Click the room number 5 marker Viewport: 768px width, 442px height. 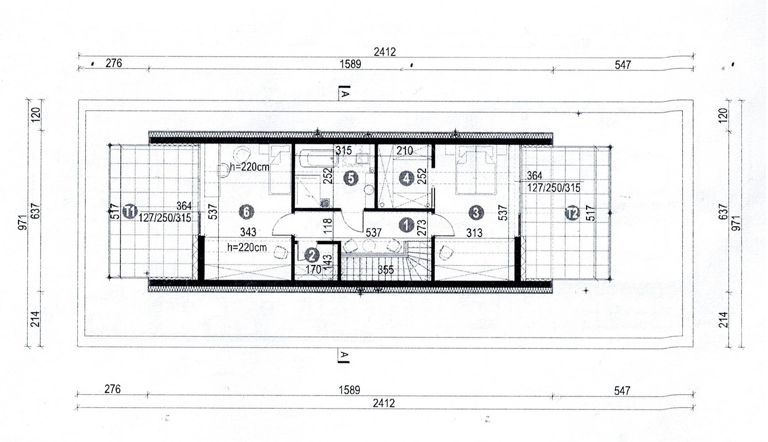click(351, 179)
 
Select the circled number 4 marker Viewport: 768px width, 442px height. click(406, 179)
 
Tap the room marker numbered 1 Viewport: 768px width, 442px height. click(406, 225)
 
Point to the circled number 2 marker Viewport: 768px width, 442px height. click(312, 255)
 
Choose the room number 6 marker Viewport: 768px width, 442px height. click(247, 212)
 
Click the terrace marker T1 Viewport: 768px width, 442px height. click(130, 211)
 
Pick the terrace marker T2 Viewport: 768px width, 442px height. click(572, 213)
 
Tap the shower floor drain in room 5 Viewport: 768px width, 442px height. click(324, 203)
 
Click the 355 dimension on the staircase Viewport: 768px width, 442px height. click(386, 270)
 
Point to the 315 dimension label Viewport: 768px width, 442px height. click(344, 150)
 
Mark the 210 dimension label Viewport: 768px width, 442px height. click(405, 151)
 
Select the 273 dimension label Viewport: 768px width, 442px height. click(422, 227)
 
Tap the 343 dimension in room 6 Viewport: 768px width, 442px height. click(248, 232)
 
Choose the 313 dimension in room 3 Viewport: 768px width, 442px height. click(474, 233)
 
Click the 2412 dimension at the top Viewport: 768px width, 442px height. click(385, 52)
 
